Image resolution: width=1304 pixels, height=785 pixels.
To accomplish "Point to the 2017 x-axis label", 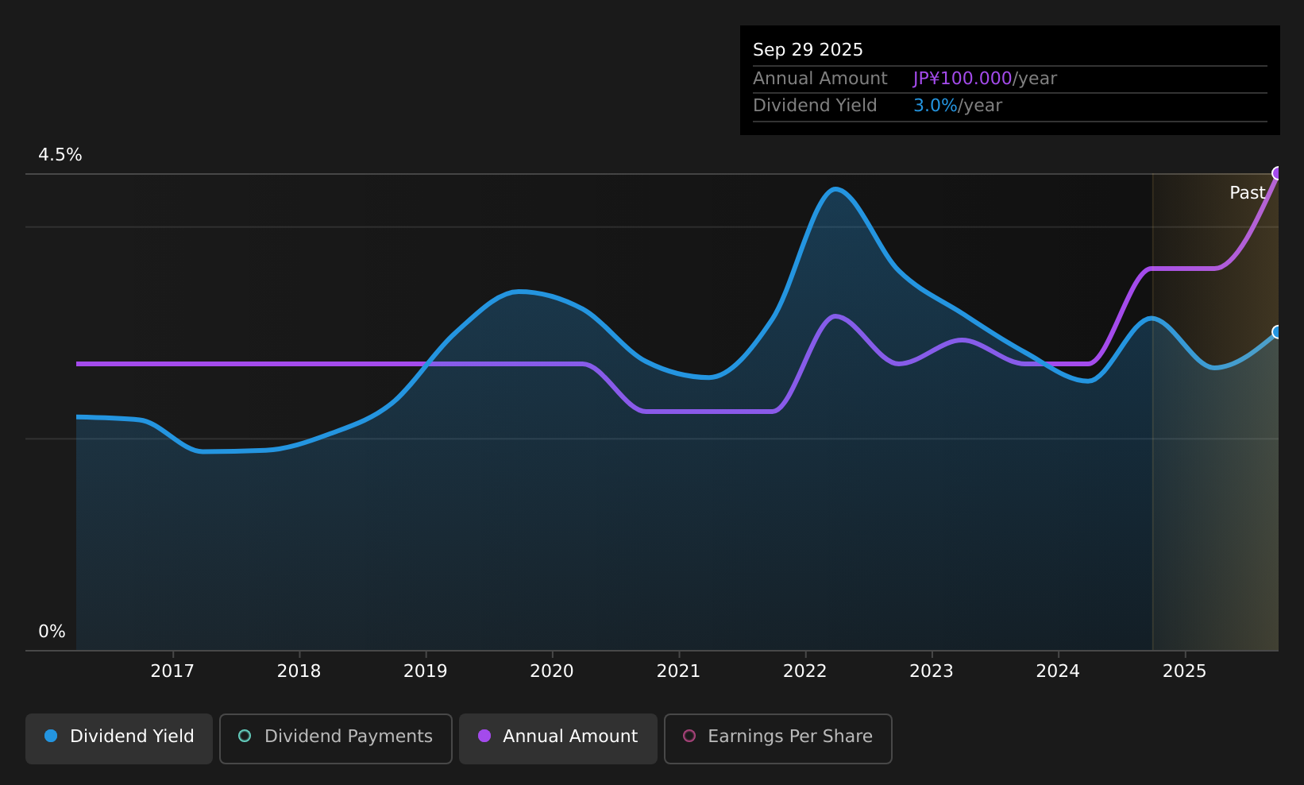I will [x=172, y=671].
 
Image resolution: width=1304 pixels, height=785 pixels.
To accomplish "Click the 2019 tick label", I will [x=426, y=671].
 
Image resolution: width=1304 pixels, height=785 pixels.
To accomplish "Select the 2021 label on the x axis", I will [x=678, y=671].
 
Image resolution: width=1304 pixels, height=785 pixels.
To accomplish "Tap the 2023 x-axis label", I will [x=932, y=671].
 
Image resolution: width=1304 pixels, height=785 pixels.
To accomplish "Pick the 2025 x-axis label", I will [x=1184, y=671].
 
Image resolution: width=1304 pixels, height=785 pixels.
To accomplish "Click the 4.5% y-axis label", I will [x=60, y=155].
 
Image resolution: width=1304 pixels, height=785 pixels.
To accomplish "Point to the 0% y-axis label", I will [x=52, y=632].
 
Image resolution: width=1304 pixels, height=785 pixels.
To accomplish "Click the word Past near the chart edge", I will [x=1247, y=193].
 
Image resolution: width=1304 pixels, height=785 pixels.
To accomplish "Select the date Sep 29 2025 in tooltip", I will [x=808, y=50].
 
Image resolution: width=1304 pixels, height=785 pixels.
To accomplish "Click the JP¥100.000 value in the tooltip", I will [x=963, y=79].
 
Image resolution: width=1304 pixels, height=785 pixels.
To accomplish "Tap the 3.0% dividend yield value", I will [x=936, y=106].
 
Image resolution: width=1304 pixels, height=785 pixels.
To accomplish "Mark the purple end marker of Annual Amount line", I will [x=1277, y=173].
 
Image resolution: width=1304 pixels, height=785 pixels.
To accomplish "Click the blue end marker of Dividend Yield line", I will [x=1277, y=332].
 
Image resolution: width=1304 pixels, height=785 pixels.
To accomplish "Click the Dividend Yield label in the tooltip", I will [x=815, y=106].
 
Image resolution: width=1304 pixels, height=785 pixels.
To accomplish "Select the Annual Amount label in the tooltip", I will [x=820, y=79].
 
